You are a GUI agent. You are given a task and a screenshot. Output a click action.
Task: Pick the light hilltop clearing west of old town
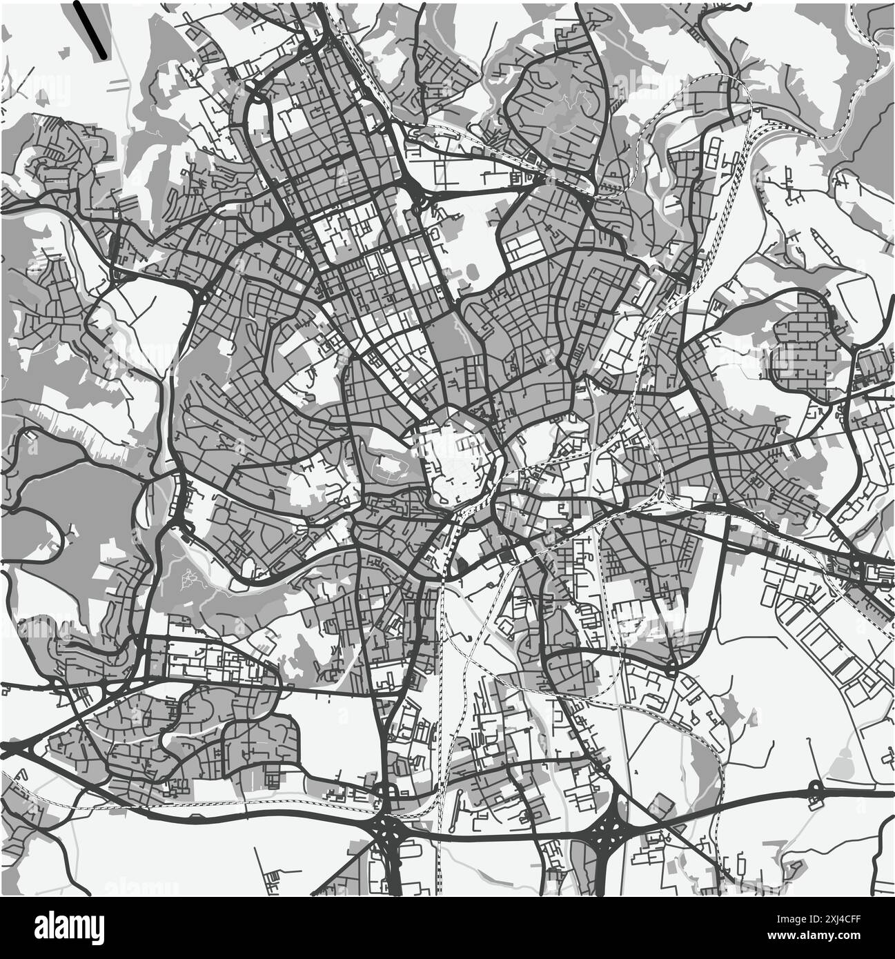[389, 469]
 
